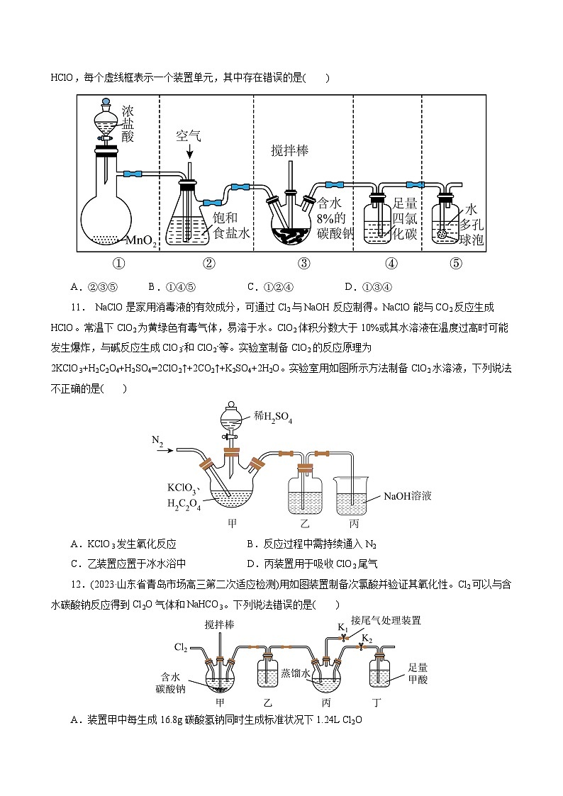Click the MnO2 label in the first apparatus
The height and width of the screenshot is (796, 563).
(x=142, y=240)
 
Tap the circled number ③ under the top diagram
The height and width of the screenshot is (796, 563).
(x=304, y=264)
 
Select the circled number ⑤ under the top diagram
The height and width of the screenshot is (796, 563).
(x=456, y=264)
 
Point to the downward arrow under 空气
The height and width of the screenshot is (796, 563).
(x=189, y=152)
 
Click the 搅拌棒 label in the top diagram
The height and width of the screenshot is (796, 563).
(x=290, y=151)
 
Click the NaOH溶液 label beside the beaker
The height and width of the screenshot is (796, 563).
(x=407, y=496)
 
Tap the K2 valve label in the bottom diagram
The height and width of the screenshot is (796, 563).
(x=366, y=638)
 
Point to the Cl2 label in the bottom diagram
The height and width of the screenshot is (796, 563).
(x=182, y=647)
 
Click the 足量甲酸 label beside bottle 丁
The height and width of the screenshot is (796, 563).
(x=422, y=673)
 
